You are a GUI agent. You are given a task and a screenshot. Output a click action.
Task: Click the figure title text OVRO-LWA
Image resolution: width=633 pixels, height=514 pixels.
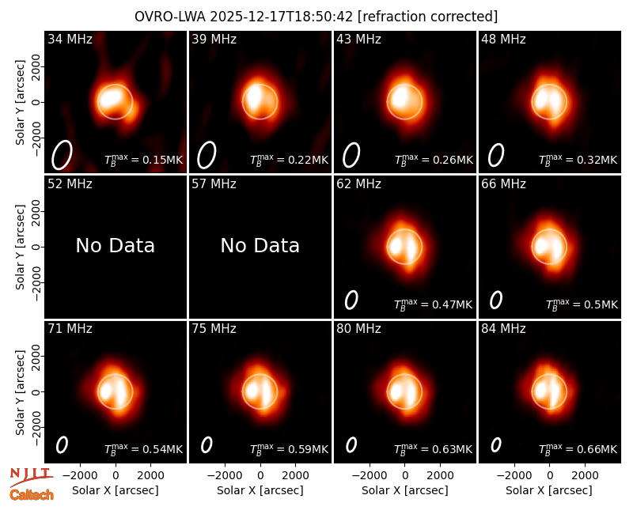pos(170,17)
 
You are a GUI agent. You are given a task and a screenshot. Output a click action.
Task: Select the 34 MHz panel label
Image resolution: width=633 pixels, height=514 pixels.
pos(70,39)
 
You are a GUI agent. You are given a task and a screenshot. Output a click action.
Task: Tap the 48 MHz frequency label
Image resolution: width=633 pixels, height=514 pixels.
pos(503,39)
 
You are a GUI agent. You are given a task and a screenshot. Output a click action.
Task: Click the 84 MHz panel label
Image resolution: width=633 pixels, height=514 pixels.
pos(503,329)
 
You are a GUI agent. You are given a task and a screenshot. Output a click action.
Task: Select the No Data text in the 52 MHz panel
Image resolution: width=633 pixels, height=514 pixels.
pos(115,245)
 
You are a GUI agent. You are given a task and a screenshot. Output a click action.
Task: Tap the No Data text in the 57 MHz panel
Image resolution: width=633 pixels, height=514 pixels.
pos(260,245)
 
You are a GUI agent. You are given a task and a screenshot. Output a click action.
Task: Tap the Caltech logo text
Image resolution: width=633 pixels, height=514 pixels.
pos(32,495)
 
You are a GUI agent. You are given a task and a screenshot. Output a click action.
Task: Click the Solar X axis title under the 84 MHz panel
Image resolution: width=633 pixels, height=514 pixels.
pos(549,490)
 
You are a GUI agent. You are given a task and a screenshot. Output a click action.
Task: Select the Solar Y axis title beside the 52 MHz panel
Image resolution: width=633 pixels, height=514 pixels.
pos(20,247)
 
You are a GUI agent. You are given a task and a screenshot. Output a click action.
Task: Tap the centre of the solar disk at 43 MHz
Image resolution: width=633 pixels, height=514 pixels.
pos(404,102)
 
